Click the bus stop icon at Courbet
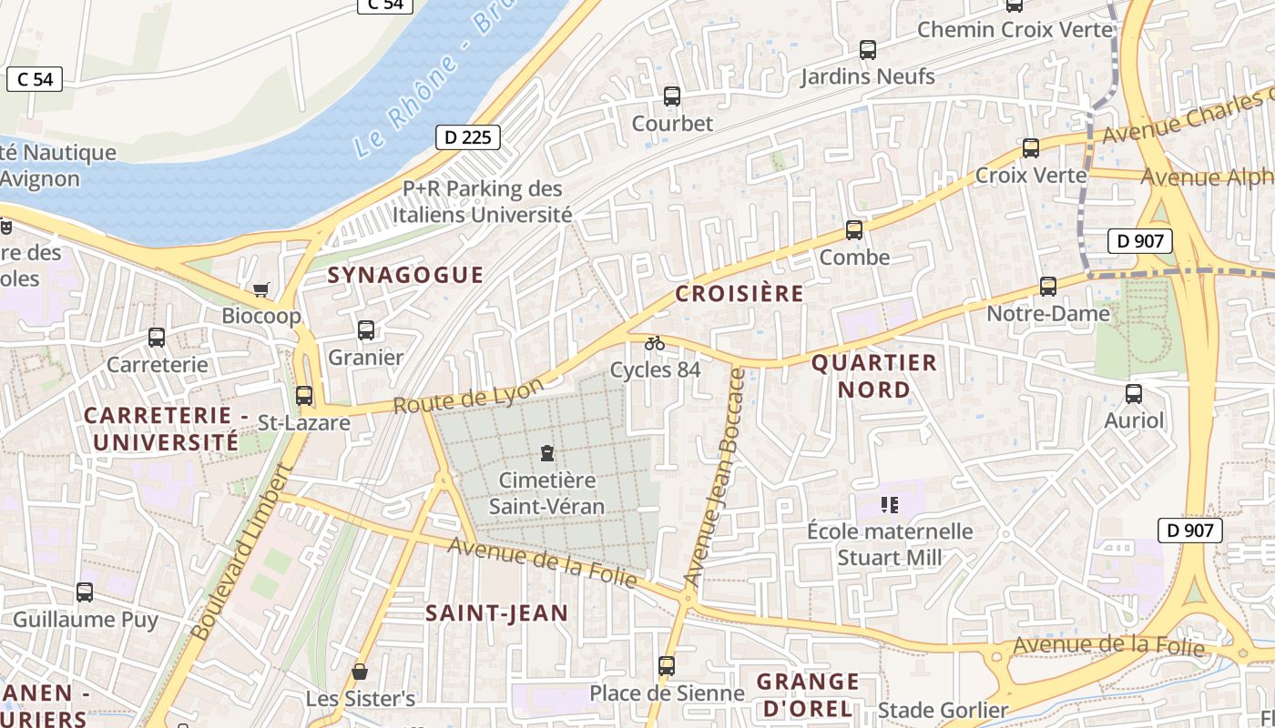(x=672, y=96)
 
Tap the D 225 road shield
(x=468, y=137)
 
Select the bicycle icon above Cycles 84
(x=655, y=343)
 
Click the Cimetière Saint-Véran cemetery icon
(x=546, y=452)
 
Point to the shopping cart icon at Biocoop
(x=261, y=289)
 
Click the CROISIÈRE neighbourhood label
(x=739, y=293)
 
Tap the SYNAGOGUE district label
(x=405, y=275)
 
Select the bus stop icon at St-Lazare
(x=304, y=396)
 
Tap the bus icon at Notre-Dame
(x=1048, y=287)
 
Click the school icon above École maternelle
(x=890, y=504)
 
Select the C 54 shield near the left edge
(x=35, y=79)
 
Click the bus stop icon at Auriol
(x=1134, y=394)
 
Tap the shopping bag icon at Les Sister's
(x=360, y=672)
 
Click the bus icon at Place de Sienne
(x=667, y=666)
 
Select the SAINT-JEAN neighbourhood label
(x=497, y=613)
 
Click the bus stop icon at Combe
(x=854, y=230)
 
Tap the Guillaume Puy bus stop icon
(x=85, y=592)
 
